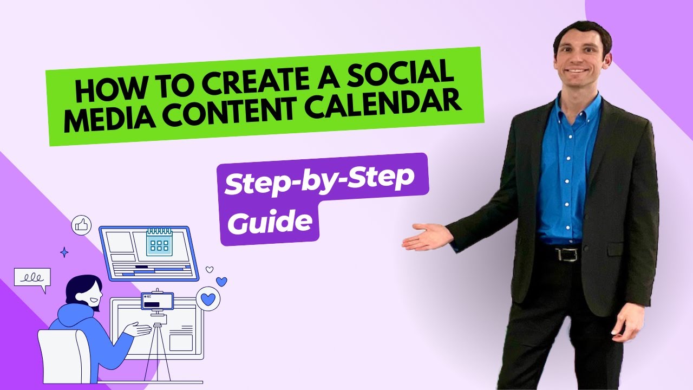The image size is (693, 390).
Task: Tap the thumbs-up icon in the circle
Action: tap(82, 225)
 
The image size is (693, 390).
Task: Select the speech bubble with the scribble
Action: tap(32, 278)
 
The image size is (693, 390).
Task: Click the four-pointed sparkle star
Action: tap(64, 252)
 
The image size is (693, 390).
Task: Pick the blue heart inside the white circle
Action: tap(208, 298)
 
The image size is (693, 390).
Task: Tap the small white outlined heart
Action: tap(210, 269)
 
